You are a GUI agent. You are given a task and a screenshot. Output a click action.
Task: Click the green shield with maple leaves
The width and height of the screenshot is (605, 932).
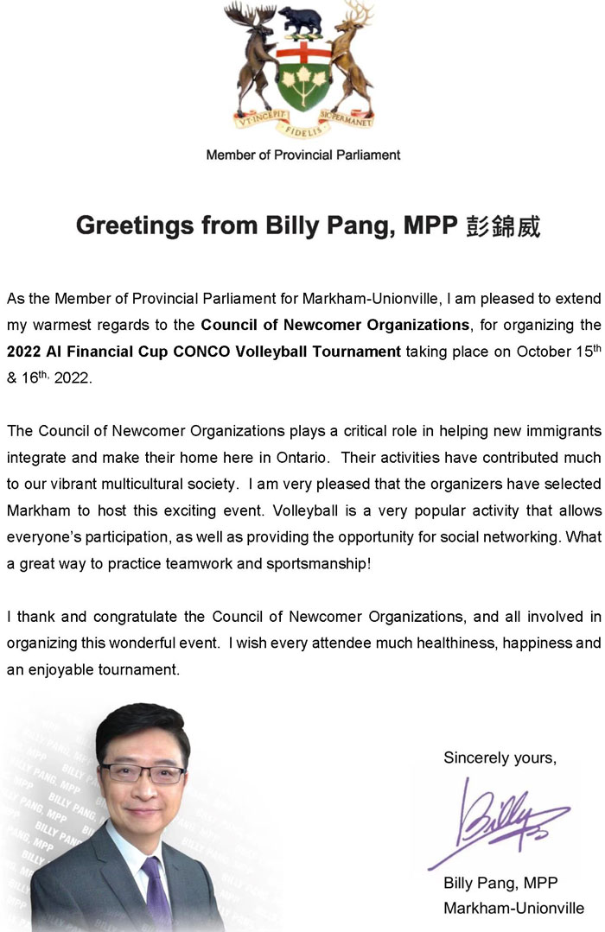(x=303, y=78)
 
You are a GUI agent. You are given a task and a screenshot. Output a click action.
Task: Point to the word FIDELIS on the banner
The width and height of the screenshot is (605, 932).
(x=303, y=129)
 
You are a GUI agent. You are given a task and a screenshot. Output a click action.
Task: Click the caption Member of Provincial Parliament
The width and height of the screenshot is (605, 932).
(x=303, y=155)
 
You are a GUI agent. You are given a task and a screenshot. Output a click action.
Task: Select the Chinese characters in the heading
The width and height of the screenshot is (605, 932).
(x=504, y=226)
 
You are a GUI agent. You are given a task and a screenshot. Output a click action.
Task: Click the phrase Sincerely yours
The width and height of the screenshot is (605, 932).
(x=500, y=758)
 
